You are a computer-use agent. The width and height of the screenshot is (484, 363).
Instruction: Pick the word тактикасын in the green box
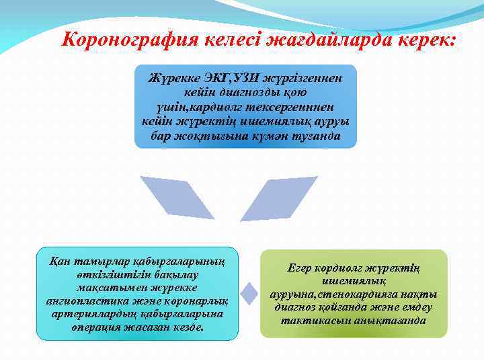coord(315,320)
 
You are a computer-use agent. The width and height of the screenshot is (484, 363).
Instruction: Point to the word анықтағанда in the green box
coord(393,320)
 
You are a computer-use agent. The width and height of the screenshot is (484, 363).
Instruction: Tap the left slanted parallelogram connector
coord(169,202)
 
